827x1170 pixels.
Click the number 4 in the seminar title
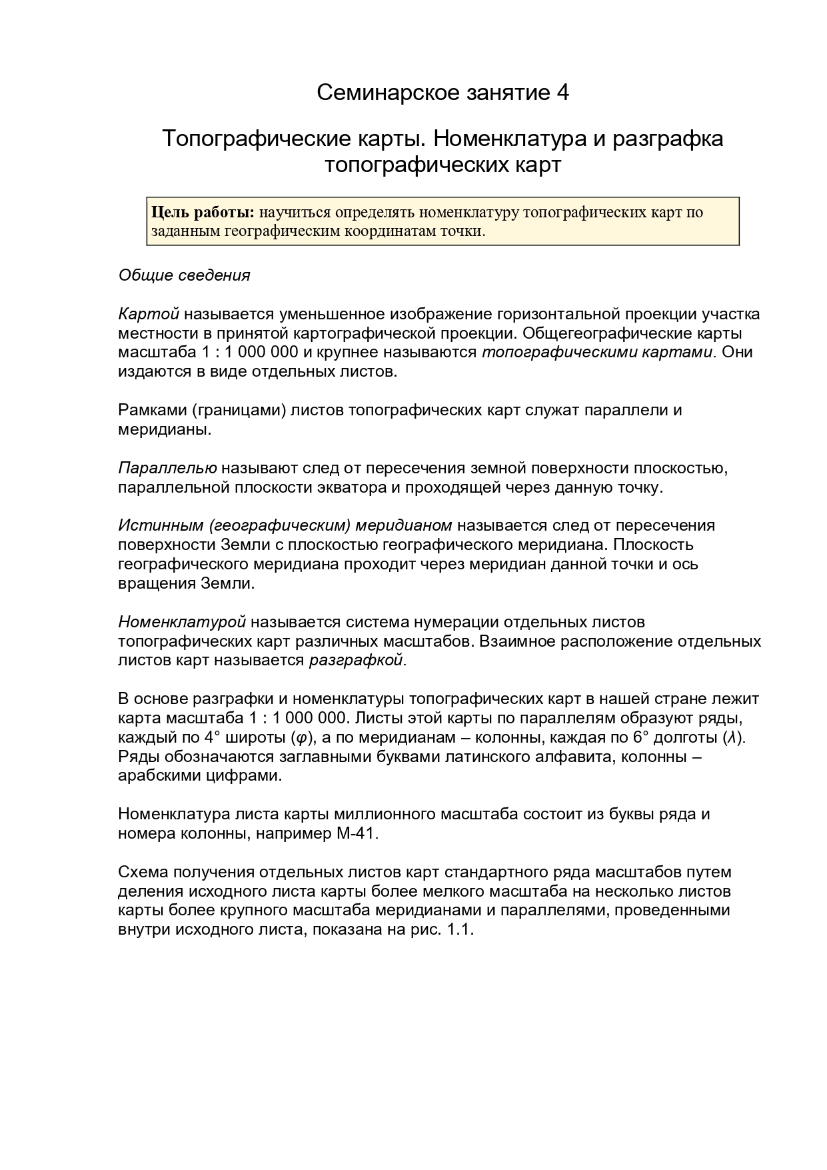tap(562, 93)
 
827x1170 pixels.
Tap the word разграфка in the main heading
tap(668, 139)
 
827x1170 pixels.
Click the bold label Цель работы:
tap(203, 213)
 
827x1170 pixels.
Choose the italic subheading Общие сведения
tap(184, 275)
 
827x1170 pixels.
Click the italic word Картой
tap(149, 314)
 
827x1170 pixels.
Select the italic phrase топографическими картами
tap(597, 352)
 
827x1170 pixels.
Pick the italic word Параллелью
tap(167, 468)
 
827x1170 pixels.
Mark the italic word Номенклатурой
tap(182, 622)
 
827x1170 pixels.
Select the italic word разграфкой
tap(356, 661)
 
